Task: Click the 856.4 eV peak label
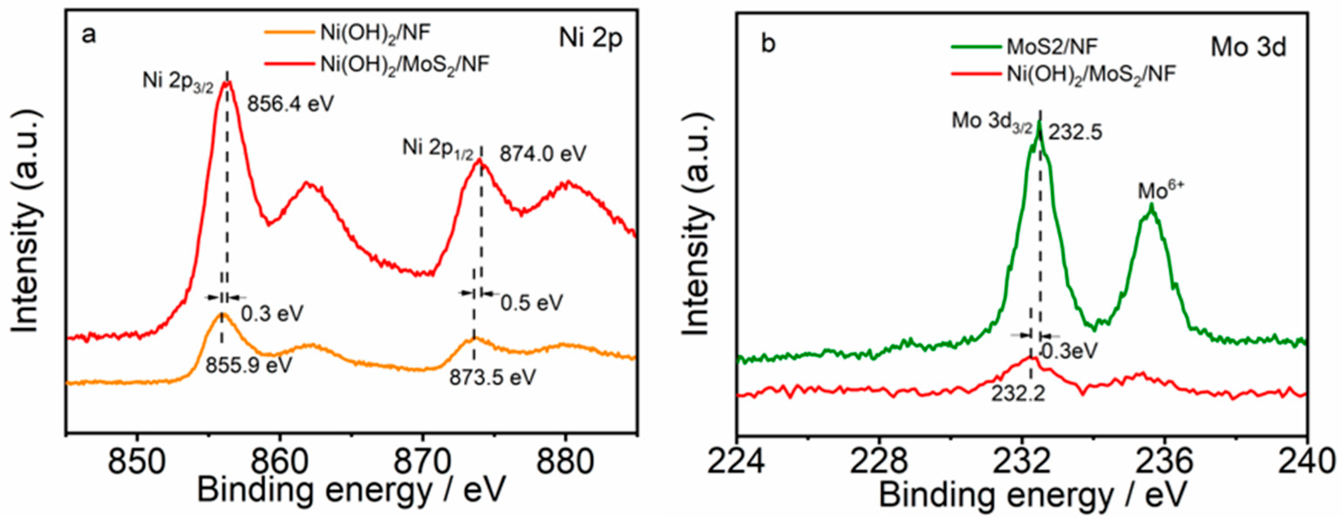[290, 104]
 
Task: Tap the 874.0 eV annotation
[543, 154]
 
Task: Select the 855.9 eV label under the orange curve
[248, 365]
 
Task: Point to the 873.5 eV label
[492, 377]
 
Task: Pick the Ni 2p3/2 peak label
[178, 83]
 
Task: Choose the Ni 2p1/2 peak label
[438, 148]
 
